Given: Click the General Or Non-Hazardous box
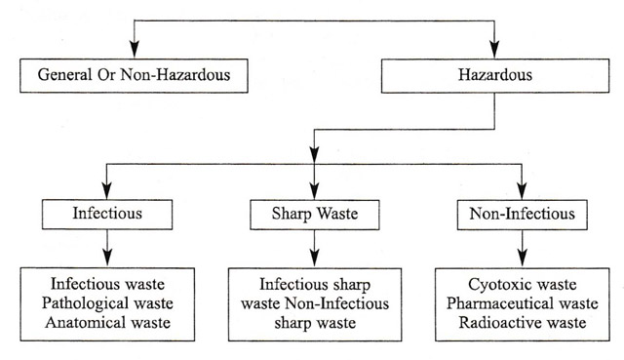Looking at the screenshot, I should coord(133,75).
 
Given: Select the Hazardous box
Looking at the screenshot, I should coord(496,75).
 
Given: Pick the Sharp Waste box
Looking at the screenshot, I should coord(313,213).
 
